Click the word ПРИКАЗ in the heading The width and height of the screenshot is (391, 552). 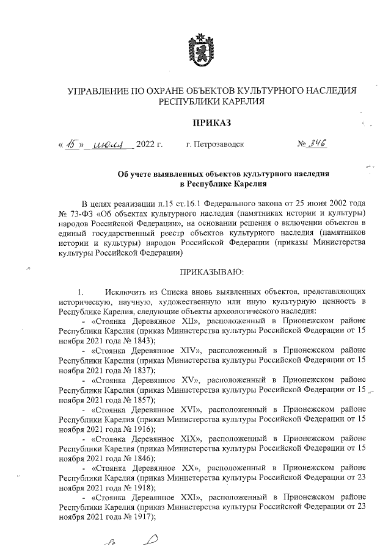tap(211, 123)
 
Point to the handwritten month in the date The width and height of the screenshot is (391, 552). tap(112, 145)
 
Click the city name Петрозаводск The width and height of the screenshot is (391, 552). tap(215, 145)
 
